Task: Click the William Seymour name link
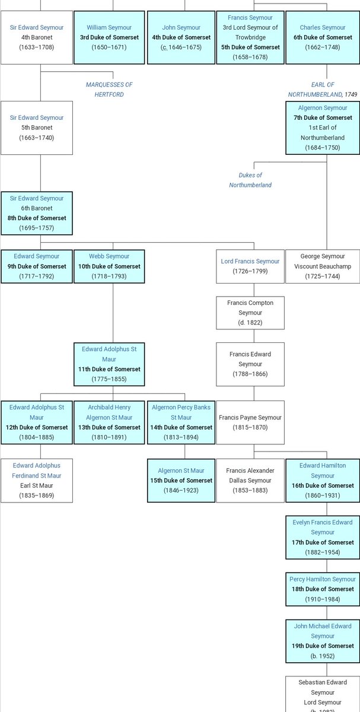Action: [109, 27]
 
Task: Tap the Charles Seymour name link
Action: [323, 27]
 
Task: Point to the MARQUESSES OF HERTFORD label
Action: [109, 90]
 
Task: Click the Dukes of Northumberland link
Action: [250, 180]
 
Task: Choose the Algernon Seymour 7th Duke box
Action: [323, 128]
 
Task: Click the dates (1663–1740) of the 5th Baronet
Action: [37, 138]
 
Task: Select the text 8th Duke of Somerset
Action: [37, 218]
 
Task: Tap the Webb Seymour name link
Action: [109, 256]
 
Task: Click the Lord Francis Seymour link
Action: [250, 261]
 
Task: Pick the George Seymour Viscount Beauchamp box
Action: [323, 266]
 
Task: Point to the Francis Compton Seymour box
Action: [250, 313]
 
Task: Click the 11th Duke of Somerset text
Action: [109, 369]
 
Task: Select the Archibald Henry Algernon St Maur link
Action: [109, 412]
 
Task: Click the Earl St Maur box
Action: [37, 480]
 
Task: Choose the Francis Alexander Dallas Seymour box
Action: [250, 480]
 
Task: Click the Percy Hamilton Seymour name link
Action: [323, 579]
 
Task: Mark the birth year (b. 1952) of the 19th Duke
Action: [323, 656]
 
